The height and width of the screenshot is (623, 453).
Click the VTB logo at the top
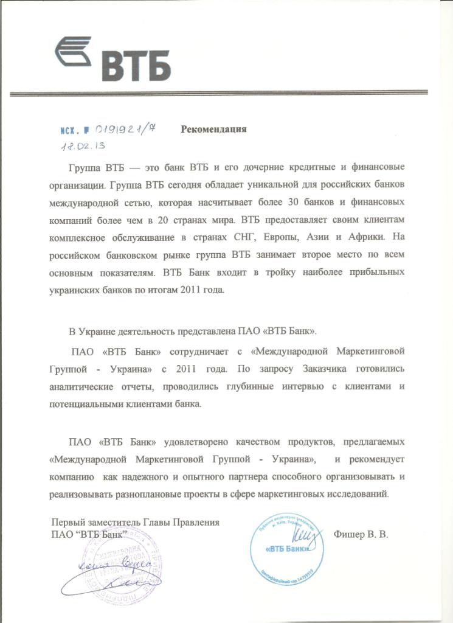(x=113, y=59)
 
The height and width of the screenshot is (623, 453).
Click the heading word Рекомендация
(x=213, y=129)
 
